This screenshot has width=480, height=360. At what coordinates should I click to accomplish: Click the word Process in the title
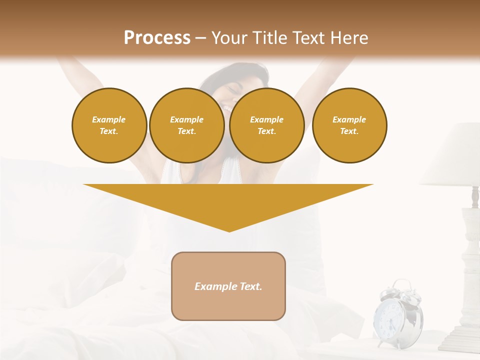point(157,38)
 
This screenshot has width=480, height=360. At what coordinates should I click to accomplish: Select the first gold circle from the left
point(109,125)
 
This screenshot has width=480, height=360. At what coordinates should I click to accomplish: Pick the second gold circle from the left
point(187,125)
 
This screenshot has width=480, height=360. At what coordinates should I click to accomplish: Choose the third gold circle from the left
point(266,125)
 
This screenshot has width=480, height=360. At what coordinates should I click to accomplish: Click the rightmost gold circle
point(349,125)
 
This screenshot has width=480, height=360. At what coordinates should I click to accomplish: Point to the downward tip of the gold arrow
point(229,229)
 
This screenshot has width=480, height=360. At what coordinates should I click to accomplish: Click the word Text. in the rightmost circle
point(349,131)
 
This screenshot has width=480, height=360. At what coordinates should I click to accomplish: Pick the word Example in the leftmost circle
point(109,119)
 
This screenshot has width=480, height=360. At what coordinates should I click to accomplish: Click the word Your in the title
point(228,38)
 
